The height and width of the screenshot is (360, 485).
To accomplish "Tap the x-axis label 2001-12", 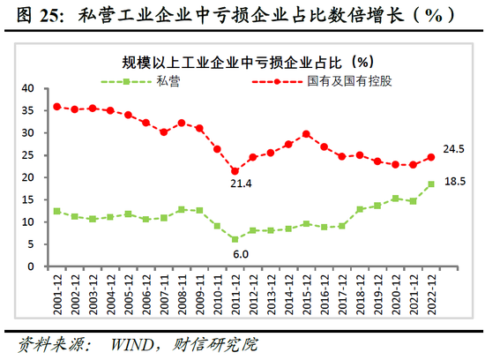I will [x=56, y=290].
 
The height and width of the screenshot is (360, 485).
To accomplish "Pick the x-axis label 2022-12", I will [x=430, y=290].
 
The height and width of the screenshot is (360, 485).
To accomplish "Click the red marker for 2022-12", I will [x=431, y=157].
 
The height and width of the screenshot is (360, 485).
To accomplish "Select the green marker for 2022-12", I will [x=431, y=184].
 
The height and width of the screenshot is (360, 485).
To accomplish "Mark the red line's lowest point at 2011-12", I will [x=235, y=170].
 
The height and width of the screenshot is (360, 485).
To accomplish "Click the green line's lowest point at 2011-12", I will [x=235, y=239].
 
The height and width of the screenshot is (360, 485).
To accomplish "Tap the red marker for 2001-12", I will [x=56, y=107].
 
